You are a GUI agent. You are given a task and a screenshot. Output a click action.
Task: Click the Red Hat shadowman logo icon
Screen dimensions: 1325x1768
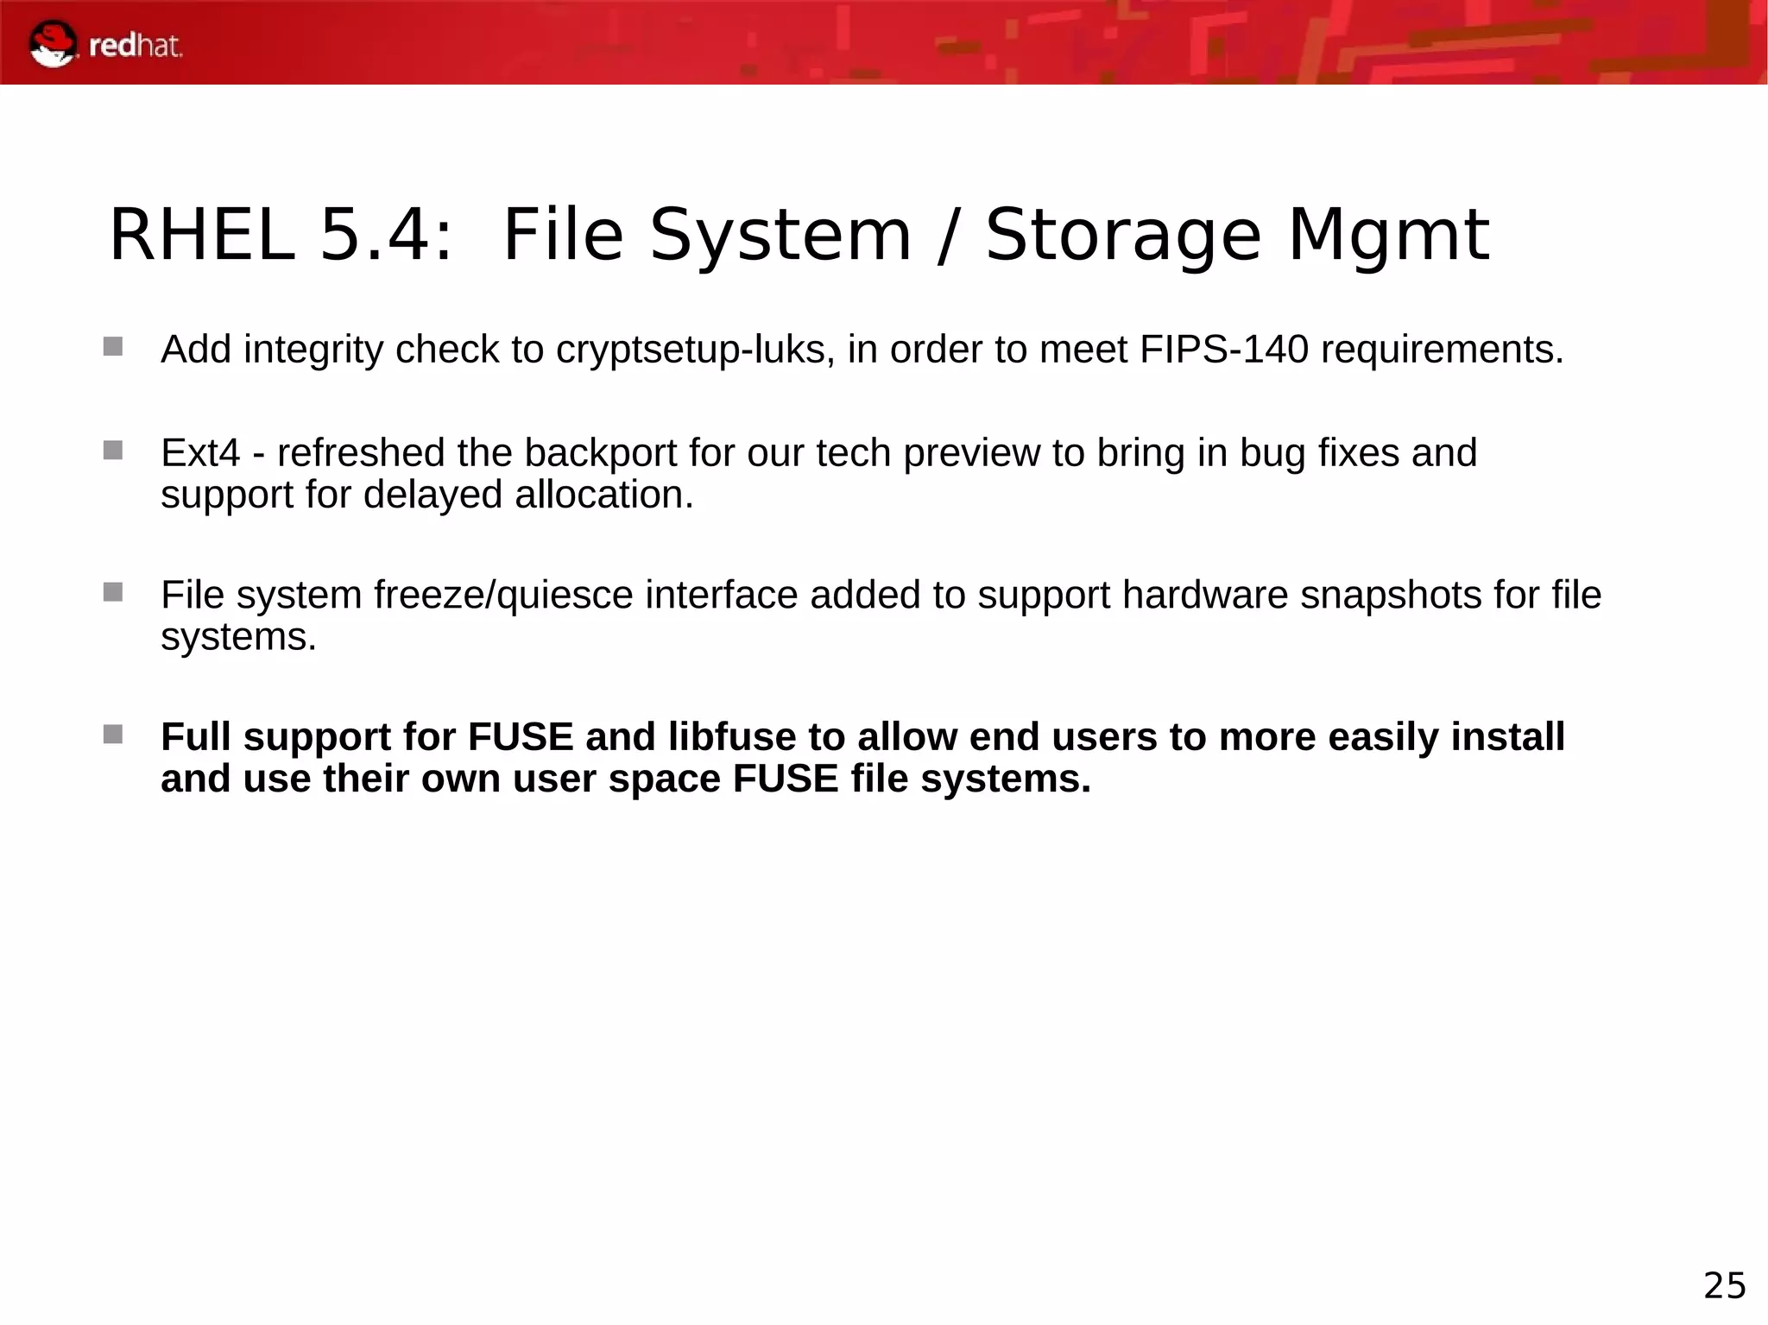tap(53, 44)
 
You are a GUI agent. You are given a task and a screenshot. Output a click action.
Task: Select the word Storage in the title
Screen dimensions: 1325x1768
tap(1122, 235)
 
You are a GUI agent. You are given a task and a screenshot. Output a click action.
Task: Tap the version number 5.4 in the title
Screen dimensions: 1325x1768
tap(385, 235)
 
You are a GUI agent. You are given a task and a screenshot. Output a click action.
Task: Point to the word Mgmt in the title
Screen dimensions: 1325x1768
tap(1388, 235)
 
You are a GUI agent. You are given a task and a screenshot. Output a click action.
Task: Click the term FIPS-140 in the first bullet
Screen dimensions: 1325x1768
tap(1223, 350)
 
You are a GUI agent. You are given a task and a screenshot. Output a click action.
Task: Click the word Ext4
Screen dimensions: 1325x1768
tap(200, 453)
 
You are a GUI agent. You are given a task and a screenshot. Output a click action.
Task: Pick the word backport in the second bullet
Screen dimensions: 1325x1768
tap(600, 453)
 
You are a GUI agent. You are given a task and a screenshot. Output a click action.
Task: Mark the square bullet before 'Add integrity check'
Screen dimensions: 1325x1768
tap(113, 347)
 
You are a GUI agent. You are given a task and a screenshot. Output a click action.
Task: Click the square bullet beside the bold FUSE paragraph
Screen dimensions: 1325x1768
tap(113, 735)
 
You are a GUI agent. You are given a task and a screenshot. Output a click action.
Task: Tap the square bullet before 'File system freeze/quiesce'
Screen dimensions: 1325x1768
tap(113, 592)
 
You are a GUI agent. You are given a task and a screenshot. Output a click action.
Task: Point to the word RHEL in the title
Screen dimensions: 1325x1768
tap(202, 235)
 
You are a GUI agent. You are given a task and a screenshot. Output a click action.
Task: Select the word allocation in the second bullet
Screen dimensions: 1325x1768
tap(603, 495)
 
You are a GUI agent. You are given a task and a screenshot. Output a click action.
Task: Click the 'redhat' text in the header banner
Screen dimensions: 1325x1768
tap(136, 45)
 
